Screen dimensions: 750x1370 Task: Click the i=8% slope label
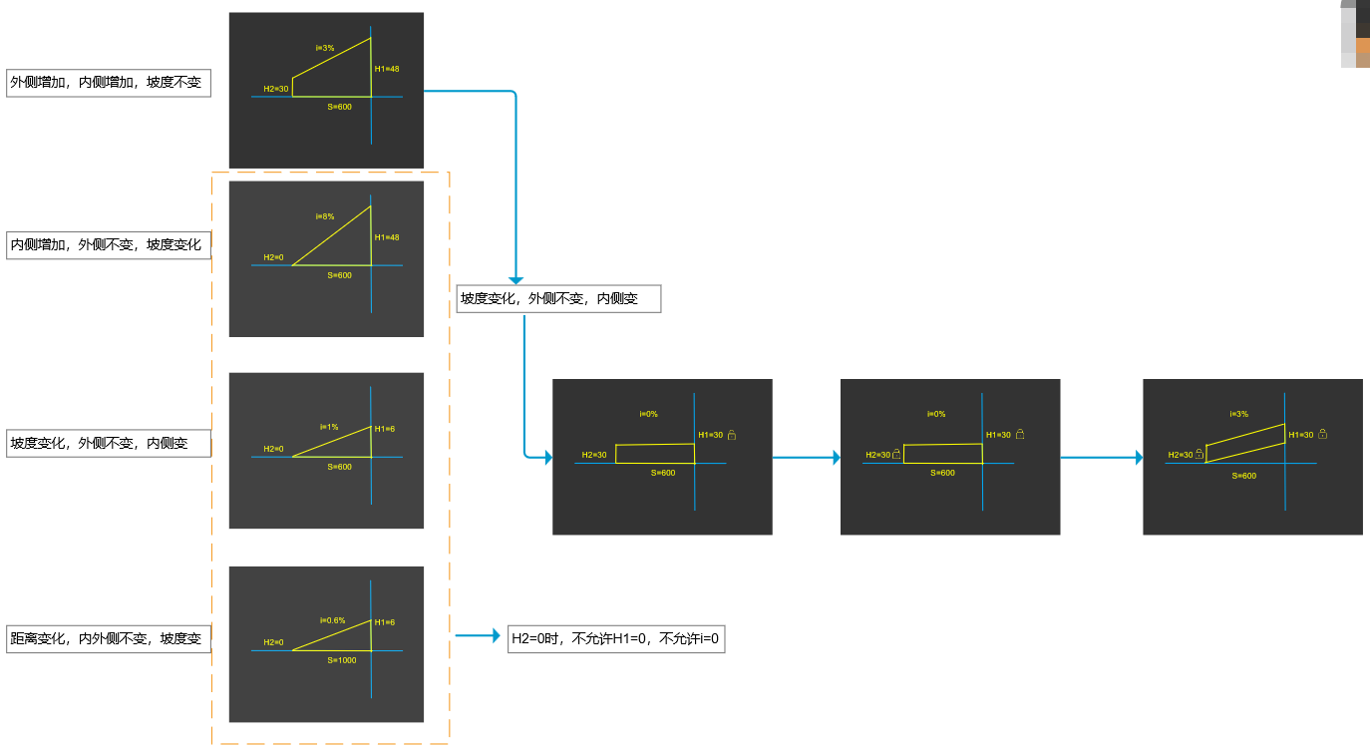(325, 215)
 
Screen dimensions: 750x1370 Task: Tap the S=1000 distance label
(341, 659)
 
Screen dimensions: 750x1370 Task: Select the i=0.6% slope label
(332, 619)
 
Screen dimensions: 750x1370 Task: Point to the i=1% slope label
(329, 427)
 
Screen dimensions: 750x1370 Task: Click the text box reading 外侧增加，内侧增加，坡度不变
(109, 82)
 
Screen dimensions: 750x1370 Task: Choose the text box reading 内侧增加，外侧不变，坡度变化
(109, 244)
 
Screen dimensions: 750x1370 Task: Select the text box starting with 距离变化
(109, 638)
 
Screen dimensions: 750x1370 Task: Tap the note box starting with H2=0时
(615, 638)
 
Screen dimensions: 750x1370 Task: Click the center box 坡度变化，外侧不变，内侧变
(558, 298)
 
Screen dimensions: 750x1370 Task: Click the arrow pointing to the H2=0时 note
(478, 635)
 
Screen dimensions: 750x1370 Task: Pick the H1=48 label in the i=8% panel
(387, 237)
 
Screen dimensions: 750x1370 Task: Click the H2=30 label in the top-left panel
(276, 89)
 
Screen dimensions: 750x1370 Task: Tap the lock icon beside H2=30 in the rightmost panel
(1199, 454)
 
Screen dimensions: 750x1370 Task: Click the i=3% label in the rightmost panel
(1238, 414)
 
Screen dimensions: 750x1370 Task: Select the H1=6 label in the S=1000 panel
(385, 622)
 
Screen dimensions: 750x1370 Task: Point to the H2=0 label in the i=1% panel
(273, 449)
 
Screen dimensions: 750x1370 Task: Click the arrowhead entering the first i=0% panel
(546, 458)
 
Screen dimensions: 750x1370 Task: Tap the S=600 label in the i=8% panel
(340, 275)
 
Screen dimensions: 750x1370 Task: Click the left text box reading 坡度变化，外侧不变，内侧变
(109, 443)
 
